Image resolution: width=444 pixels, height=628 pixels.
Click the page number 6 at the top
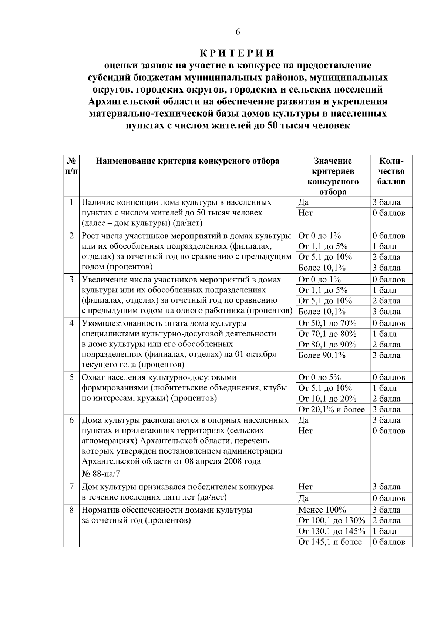[238, 32]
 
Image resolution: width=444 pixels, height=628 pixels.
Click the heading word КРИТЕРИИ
[238, 53]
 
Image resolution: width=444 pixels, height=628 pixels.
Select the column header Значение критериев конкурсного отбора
[333, 176]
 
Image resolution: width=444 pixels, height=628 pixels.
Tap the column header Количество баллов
[391, 171]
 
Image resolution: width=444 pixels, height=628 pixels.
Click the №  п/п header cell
[71, 166]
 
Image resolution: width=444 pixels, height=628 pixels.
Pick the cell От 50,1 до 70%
[327, 323]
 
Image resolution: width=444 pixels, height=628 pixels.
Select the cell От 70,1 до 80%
[327, 334]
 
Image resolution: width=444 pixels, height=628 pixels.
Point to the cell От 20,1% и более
[332, 410]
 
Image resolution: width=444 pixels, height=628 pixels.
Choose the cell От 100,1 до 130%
[332, 521]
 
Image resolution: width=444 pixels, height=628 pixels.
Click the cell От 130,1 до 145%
[332, 531]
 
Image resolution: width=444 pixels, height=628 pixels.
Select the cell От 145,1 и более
[330, 542]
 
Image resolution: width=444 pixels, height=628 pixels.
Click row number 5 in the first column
[72, 377]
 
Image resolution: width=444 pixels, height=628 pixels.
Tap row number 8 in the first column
[72, 510]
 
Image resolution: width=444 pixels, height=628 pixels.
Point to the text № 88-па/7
[101, 474]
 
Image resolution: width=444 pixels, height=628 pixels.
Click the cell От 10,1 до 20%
[327, 399]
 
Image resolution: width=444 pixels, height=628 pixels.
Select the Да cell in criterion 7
[303, 498]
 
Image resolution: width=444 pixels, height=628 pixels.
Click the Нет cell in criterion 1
[305, 213]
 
